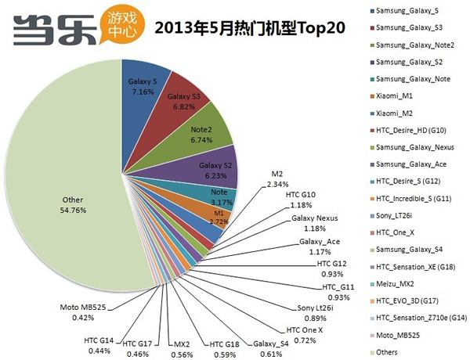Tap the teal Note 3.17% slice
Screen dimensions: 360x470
pos(221,195)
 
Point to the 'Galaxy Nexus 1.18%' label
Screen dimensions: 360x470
pos(313,223)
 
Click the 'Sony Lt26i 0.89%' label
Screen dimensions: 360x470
pos(313,313)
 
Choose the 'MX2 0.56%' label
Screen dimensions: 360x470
pos(182,347)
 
